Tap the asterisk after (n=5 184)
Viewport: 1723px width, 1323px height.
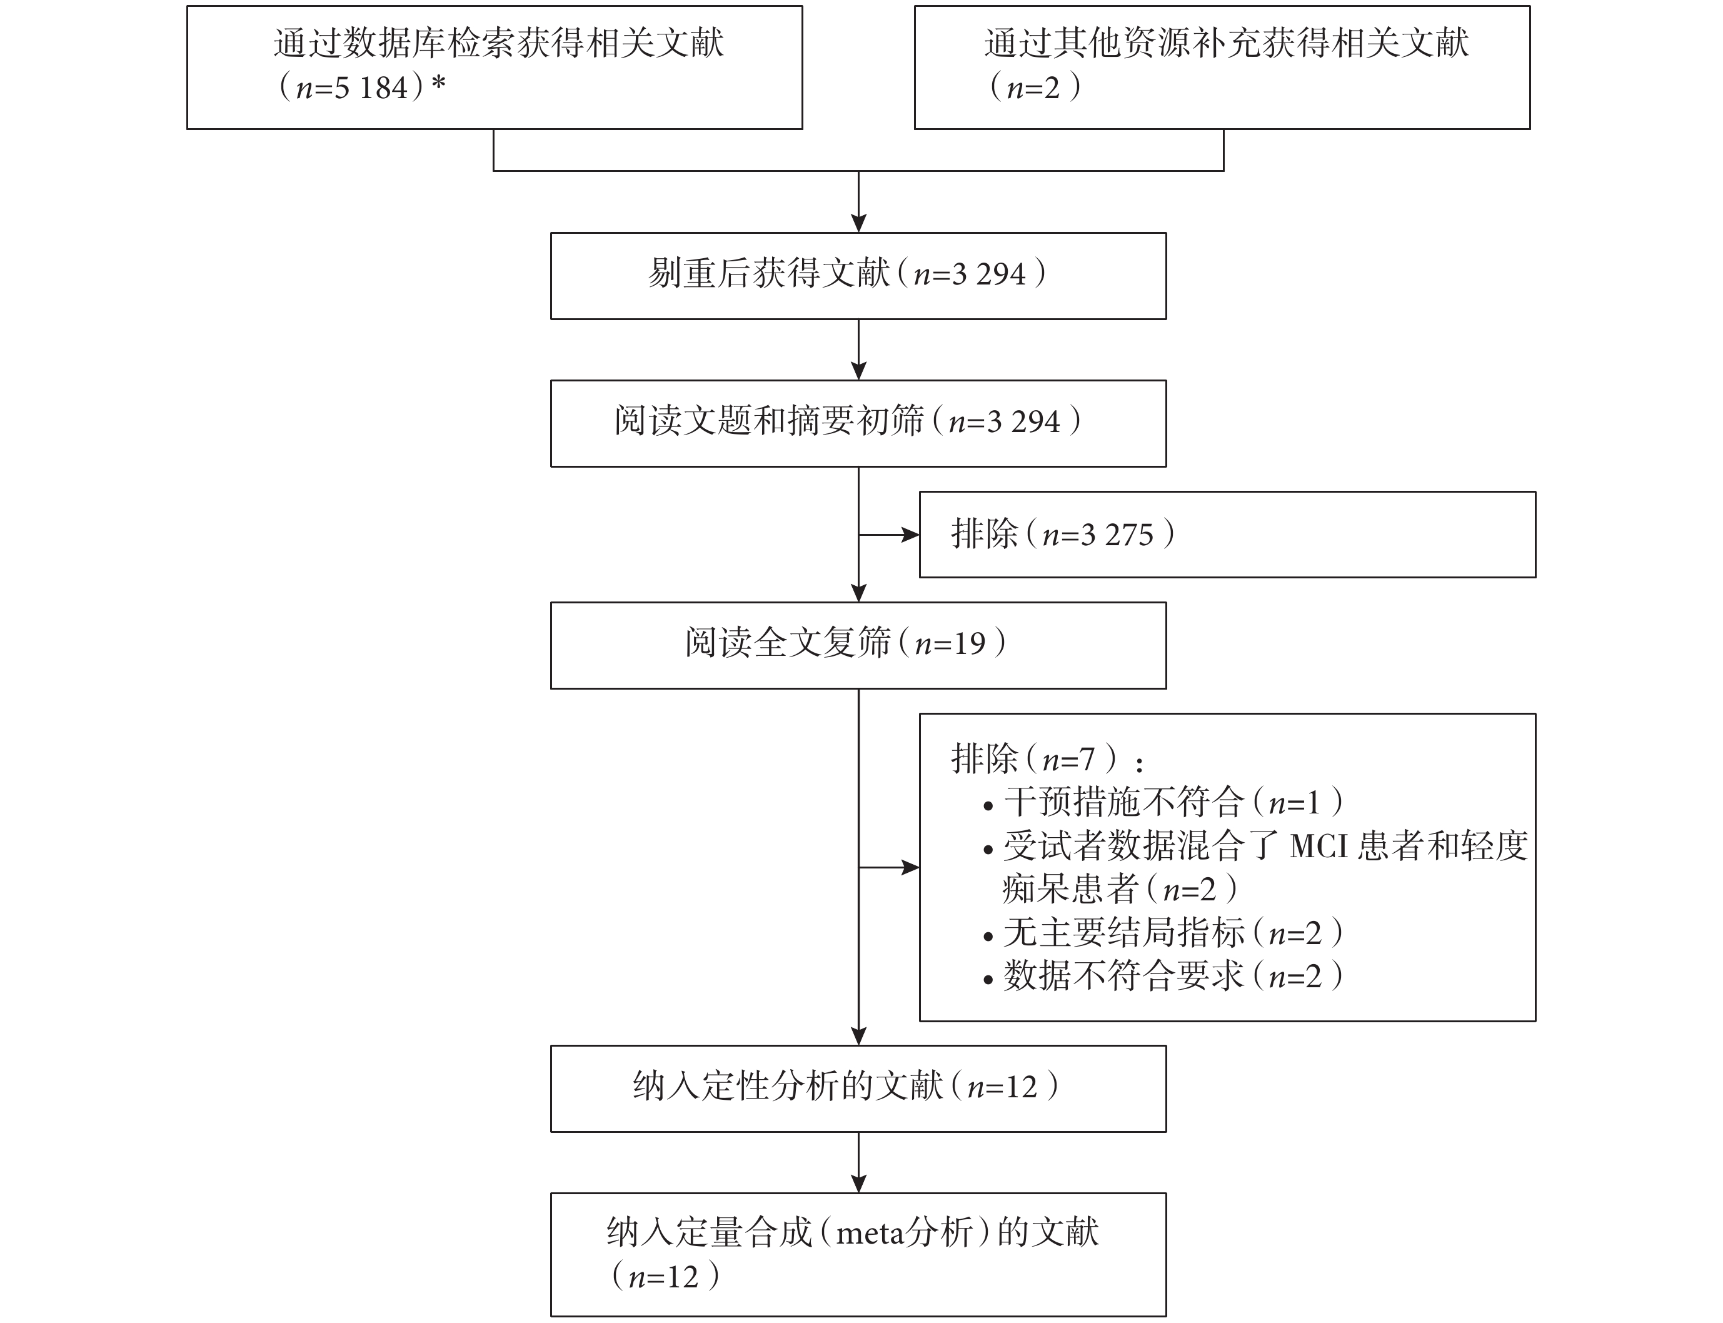[439, 84]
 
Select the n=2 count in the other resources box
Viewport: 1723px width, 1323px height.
[1034, 88]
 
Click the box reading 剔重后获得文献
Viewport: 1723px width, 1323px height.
[858, 276]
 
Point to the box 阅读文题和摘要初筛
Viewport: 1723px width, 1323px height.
[858, 424]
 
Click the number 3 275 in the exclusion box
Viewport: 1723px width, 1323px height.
[1117, 535]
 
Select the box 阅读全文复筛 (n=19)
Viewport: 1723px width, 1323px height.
[858, 646]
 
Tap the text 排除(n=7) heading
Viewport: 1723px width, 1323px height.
[1047, 759]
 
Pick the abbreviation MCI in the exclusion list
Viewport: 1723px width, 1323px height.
[1319, 847]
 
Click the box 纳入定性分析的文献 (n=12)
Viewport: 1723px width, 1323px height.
[858, 1089]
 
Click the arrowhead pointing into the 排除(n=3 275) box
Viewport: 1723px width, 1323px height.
[910, 535]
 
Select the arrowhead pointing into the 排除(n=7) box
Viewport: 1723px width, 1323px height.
[910, 868]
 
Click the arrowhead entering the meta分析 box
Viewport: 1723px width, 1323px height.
[858, 1184]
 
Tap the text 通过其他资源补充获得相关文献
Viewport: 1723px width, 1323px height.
[1226, 43]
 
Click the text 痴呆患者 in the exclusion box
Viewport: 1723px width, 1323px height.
[1070, 890]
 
